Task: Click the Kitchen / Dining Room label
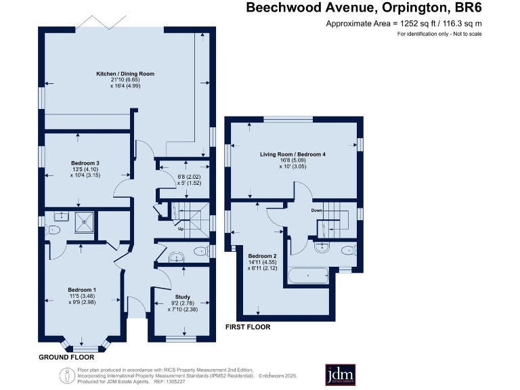(x=125, y=74)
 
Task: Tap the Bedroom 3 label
(x=85, y=163)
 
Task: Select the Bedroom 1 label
(x=82, y=290)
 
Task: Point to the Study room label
(x=182, y=297)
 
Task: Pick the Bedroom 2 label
(x=262, y=256)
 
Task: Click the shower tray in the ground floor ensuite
(x=84, y=222)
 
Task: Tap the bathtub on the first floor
(x=309, y=276)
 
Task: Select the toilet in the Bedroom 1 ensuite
(x=52, y=230)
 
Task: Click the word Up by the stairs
(x=181, y=229)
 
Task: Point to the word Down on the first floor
(x=317, y=211)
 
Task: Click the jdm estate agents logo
(x=341, y=375)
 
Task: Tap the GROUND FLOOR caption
(x=66, y=357)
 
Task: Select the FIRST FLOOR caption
(x=248, y=327)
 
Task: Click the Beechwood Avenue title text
(x=310, y=7)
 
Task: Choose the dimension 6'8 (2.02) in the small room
(x=189, y=177)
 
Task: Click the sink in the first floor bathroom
(x=322, y=247)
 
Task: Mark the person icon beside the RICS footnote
(x=67, y=376)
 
